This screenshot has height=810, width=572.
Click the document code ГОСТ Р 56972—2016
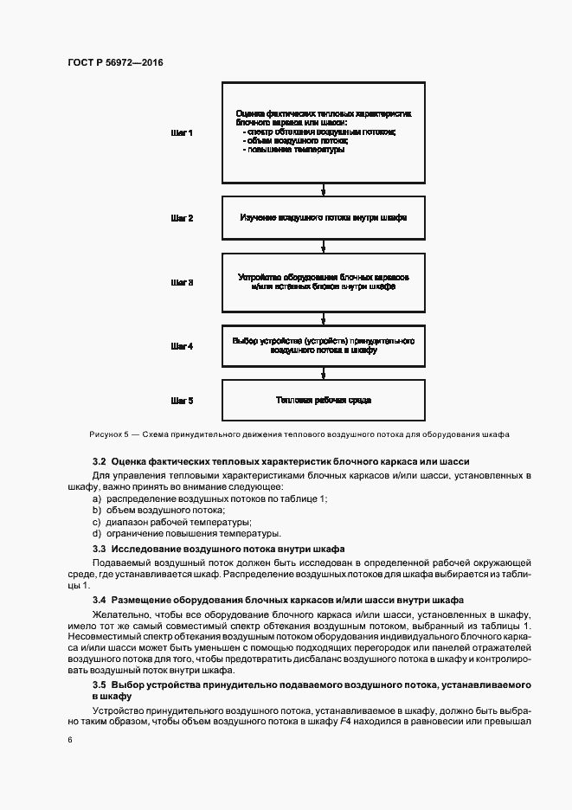click(115, 63)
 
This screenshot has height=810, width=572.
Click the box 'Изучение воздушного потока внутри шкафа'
click(325, 218)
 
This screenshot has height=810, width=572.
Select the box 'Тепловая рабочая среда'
click(325, 401)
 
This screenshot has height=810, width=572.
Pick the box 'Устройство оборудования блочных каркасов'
click(325, 282)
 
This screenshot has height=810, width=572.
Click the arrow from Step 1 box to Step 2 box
click(325, 190)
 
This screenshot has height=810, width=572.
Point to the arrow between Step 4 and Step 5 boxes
click(325, 373)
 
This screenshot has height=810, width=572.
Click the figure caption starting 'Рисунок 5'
click(299, 434)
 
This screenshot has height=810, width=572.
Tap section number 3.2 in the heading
click(99, 462)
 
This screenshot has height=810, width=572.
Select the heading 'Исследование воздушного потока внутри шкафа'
click(228, 549)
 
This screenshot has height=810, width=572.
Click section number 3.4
click(99, 600)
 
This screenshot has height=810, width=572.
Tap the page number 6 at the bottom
click(69, 741)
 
